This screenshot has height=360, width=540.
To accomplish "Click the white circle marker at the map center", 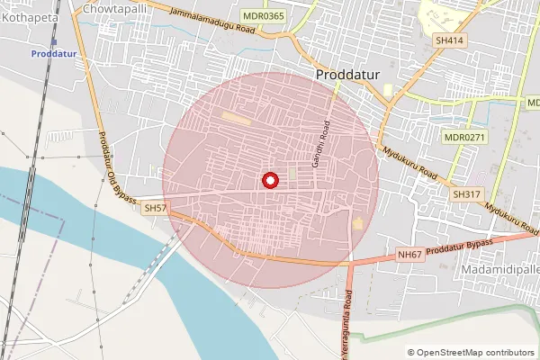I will pos(269,180).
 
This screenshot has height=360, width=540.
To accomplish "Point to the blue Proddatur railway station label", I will pos(57,54).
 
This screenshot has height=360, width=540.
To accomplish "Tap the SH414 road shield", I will pos(449,40).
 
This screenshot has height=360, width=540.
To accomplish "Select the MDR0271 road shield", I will pos(464,137).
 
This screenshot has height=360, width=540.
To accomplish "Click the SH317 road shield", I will pos(467,193).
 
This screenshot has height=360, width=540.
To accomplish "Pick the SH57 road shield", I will pos(156,208).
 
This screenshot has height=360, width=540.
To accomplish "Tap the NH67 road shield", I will pos(409,255).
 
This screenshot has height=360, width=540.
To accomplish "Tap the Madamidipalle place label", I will pos(499,269).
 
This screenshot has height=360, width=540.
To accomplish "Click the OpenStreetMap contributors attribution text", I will pos(474,353).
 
